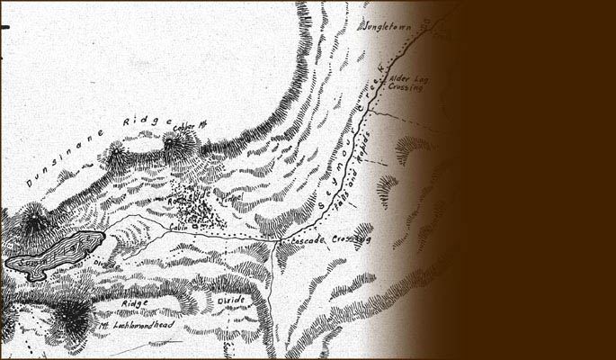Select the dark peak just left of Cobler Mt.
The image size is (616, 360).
(115, 157)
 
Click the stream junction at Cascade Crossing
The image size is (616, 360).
(272, 240)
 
